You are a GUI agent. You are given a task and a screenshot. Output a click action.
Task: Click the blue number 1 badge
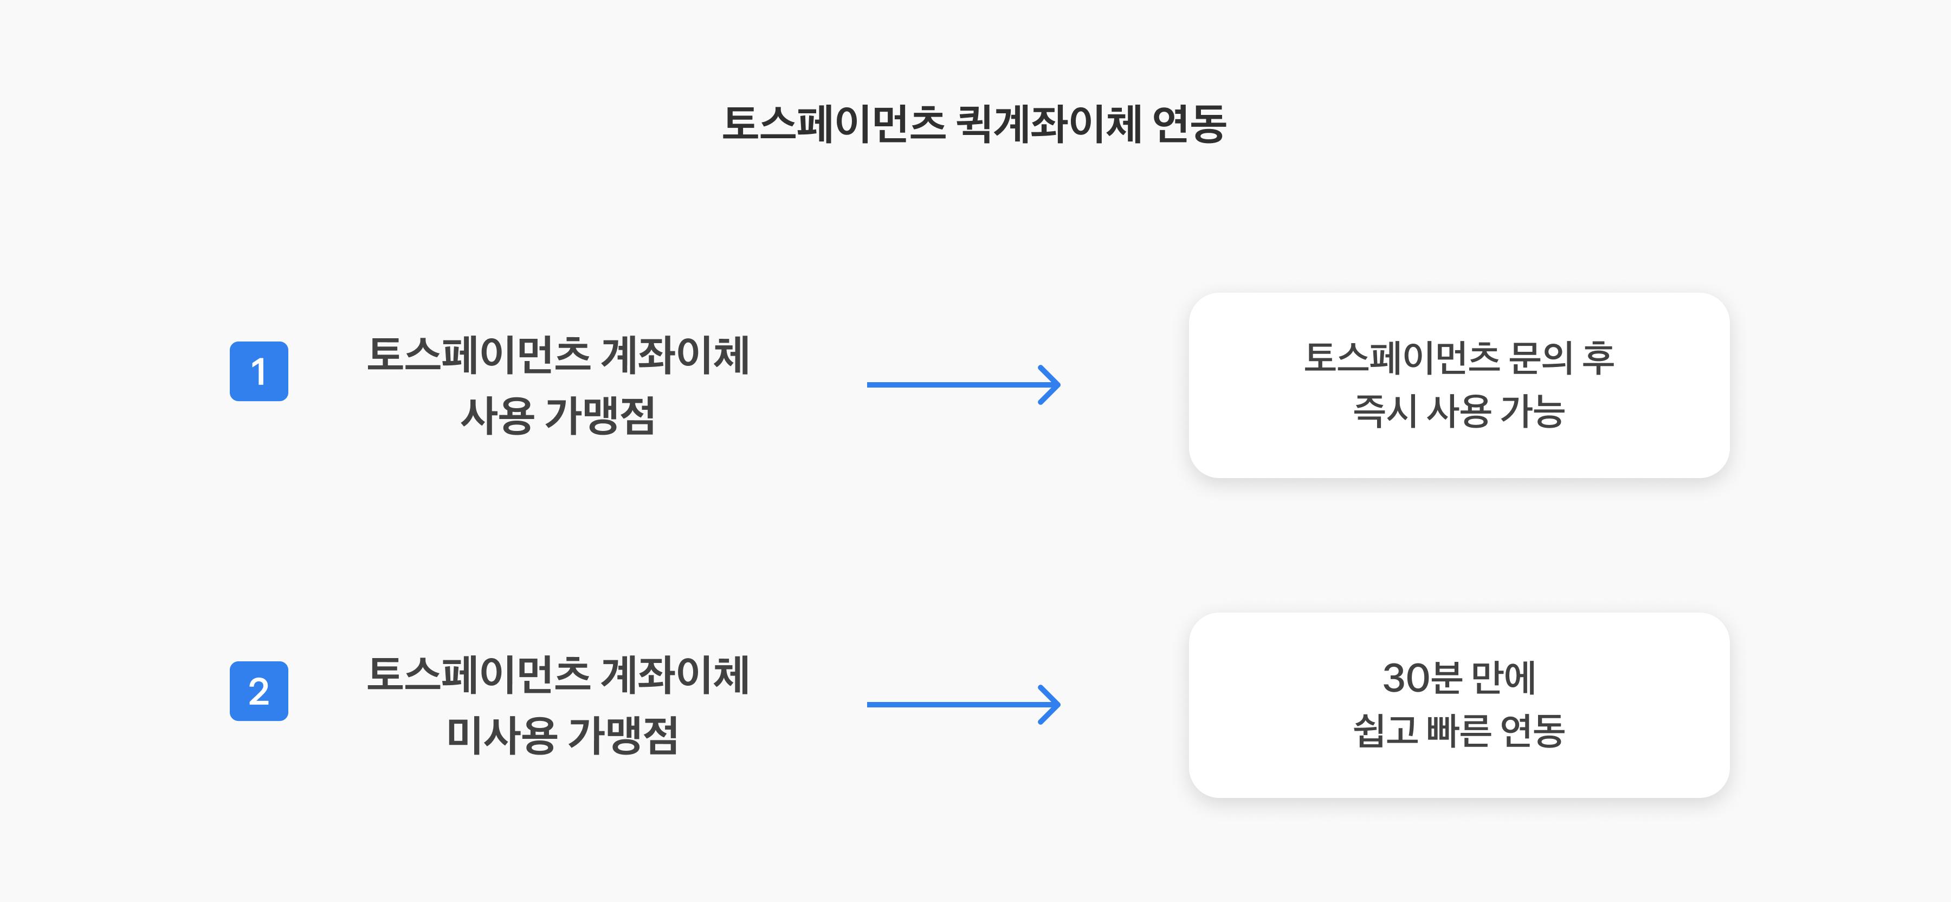(x=259, y=371)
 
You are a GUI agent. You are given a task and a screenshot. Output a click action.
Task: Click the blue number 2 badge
(x=259, y=691)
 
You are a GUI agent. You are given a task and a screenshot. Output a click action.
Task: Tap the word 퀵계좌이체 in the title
(x=1049, y=124)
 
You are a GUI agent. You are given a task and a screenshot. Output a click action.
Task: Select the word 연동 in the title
(x=1188, y=124)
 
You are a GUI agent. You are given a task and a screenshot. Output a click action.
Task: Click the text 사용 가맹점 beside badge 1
(x=558, y=416)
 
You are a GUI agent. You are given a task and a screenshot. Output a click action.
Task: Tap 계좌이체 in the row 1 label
(x=675, y=355)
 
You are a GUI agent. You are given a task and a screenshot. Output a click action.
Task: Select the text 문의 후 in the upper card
(x=1561, y=357)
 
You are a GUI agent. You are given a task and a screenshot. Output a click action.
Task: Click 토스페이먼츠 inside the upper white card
(x=1401, y=357)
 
